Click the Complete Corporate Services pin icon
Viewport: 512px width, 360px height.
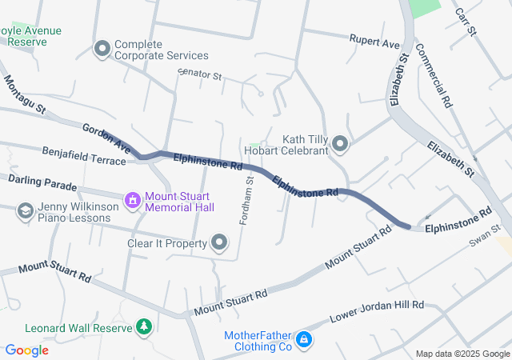pos(102,50)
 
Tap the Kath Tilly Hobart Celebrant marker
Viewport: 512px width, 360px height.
pos(340,144)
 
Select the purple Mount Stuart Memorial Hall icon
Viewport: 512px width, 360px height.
pos(132,200)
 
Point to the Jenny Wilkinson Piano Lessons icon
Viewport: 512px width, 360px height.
pos(25,210)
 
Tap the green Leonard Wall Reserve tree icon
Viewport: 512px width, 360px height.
pos(144,327)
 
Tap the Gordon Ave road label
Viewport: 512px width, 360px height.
pos(106,138)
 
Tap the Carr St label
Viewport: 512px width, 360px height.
pos(465,22)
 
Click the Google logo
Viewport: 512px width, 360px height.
pos(26,350)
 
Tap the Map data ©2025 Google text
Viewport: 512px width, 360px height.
pos(462,354)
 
